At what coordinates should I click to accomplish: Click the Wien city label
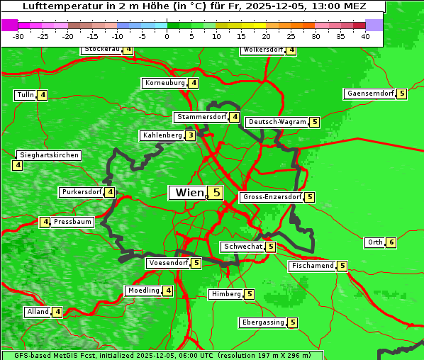(189, 193)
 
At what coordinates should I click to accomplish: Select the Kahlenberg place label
(162, 135)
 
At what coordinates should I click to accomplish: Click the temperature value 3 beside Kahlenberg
(191, 135)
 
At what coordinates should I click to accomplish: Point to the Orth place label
(374, 242)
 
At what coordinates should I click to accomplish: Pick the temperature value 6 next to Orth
(391, 242)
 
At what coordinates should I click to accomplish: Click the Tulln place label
(25, 95)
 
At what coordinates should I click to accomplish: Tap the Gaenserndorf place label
(369, 94)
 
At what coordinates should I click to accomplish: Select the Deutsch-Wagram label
(277, 122)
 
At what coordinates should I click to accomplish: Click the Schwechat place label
(242, 247)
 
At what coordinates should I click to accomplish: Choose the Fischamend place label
(312, 266)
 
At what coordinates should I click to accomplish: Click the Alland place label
(38, 312)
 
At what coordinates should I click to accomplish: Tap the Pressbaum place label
(73, 222)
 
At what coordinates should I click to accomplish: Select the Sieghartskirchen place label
(48, 155)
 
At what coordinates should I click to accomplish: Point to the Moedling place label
(143, 291)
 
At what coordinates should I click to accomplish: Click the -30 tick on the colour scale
(18, 36)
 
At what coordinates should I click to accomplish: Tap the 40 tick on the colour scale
(365, 36)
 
